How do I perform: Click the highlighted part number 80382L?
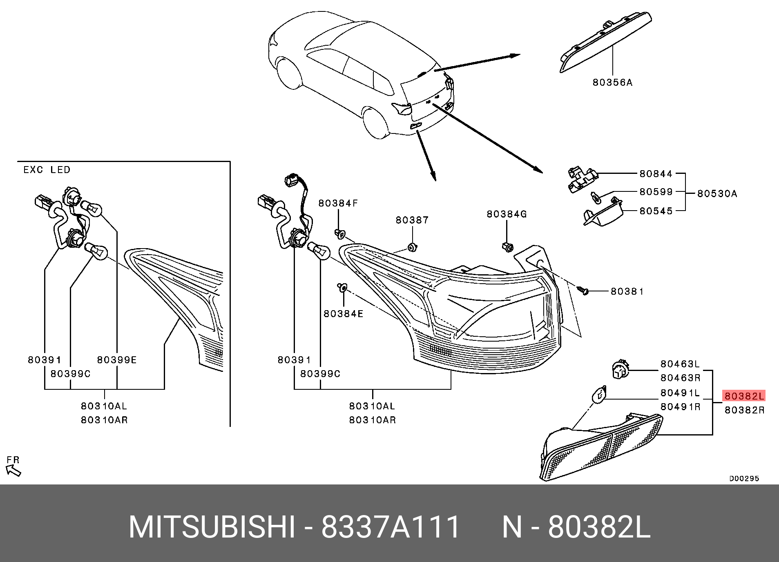point(743,396)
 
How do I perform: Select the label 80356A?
point(612,83)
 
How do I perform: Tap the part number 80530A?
point(717,193)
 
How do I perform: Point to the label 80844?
point(656,174)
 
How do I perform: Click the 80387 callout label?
point(412,220)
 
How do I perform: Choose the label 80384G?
point(507,214)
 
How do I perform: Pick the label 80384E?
point(343,314)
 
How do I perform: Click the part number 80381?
point(627,291)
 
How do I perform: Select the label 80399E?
point(117,360)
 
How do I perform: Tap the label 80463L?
point(680,364)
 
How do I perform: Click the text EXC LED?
point(47,170)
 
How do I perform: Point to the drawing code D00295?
point(744,478)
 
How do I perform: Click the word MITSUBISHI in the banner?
point(212,527)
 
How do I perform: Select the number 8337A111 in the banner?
point(391,527)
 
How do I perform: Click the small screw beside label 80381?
point(583,291)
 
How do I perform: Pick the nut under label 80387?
point(412,247)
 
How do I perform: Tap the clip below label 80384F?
point(340,234)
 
